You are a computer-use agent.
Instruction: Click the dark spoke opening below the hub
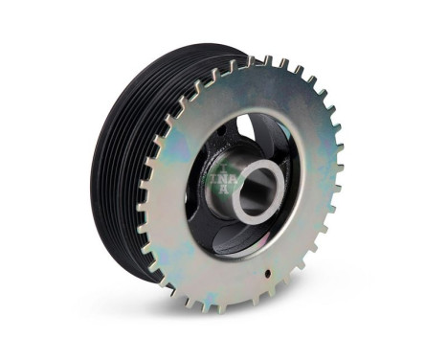pos(239,239)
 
